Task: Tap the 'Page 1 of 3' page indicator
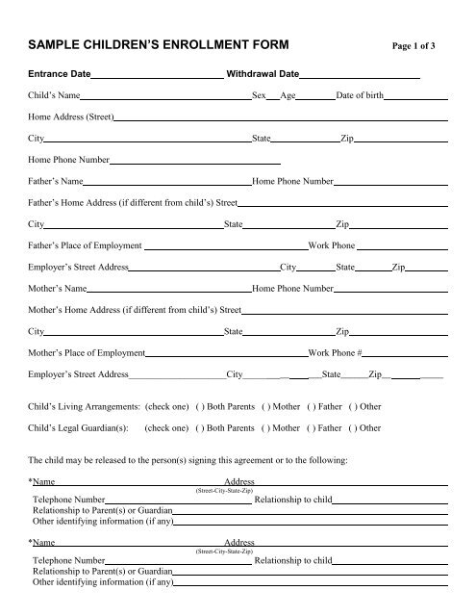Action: coord(416,46)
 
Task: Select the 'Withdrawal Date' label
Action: coord(263,73)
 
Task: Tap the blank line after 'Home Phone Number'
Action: coord(194,162)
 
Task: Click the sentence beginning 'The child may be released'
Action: coord(188,460)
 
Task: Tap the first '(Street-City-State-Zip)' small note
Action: coord(224,490)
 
